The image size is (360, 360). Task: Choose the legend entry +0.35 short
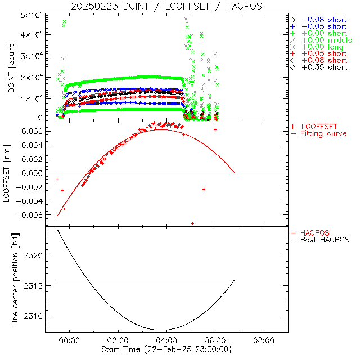(x=323, y=67)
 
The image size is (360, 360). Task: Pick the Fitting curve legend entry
(x=323, y=133)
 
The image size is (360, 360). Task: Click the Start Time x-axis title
(x=167, y=349)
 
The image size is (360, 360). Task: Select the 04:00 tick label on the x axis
(x=166, y=340)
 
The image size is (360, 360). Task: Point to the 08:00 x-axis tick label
(x=264, y=340)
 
